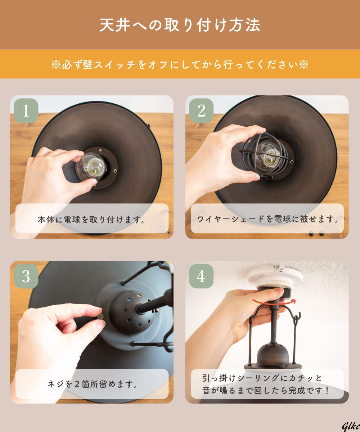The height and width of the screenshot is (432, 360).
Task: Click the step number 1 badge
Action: [x=26, y=111]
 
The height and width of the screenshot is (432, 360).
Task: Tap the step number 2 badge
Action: [x=201, y=111]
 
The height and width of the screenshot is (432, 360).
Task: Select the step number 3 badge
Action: [x=26, y=276]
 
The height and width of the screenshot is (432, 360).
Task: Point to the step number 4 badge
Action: [x=201, y=276]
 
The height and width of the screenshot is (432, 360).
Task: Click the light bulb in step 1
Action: [x=90, y=167]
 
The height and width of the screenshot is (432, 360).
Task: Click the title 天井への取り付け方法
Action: [x=180, y=25]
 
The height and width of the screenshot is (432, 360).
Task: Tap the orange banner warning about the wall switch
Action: [x=180, y=64]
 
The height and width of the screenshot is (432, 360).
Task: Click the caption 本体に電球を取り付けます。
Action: [x=91, y=220]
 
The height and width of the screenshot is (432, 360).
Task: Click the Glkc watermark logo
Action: [x=351, y=426]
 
